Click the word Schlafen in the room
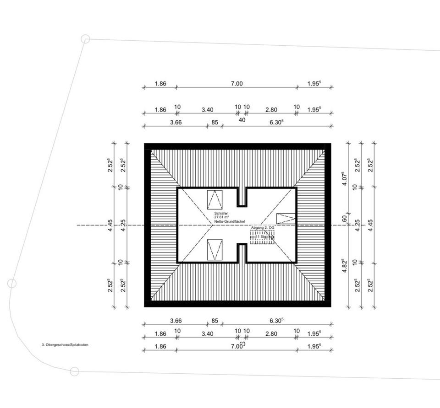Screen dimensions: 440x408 pyautogui.click(x=221, y=214)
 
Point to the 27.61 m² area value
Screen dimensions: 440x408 pyautogui.click(x=221, y=218)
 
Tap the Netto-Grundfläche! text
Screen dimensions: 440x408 pyautogui.click(x=226, y=222)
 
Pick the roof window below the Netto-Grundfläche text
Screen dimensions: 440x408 pyautogui.click(x=214, y=250)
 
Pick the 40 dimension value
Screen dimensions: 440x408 pyautogui.click(x=242, y=120)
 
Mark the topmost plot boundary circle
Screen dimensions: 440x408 pyautogui.click(x=85, y=39)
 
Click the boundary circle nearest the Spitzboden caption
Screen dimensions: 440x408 pyautogui.click(x=74, y=371)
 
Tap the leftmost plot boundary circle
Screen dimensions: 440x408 pyautogui.click(x=12, y=283)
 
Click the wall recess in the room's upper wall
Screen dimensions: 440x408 pyautogui.click(x=242, y=197)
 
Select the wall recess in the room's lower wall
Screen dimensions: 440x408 pyautogui.click(x=242, y=253)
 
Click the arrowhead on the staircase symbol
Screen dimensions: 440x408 pyautogui.click(x=273, y=236)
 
